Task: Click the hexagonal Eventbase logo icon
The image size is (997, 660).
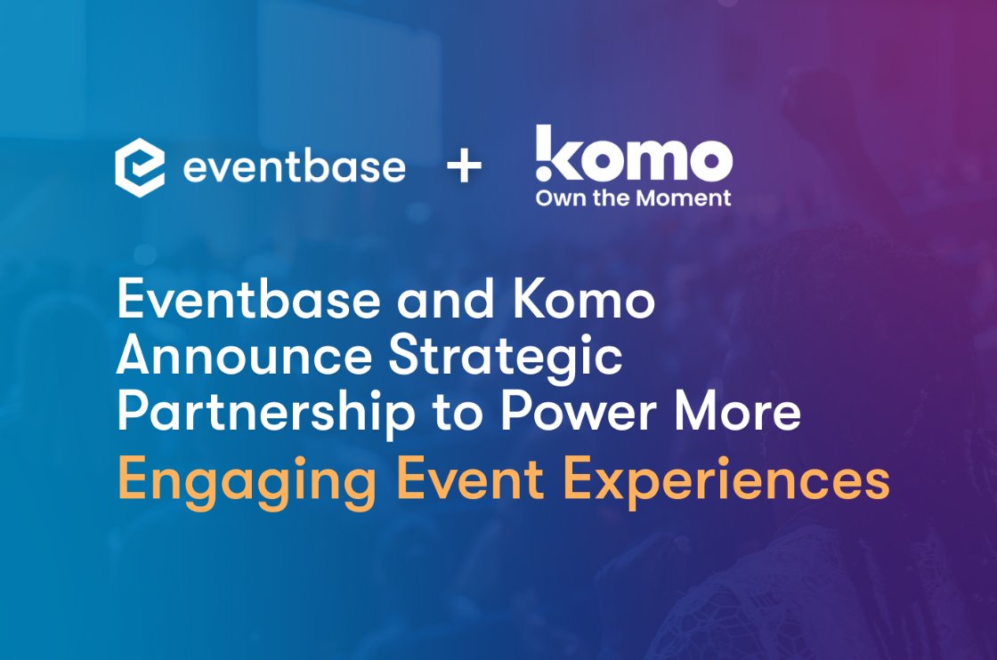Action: coord(140,167)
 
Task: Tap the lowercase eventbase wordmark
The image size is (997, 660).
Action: coord(295,167)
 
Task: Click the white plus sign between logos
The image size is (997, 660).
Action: coord(464,167)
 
